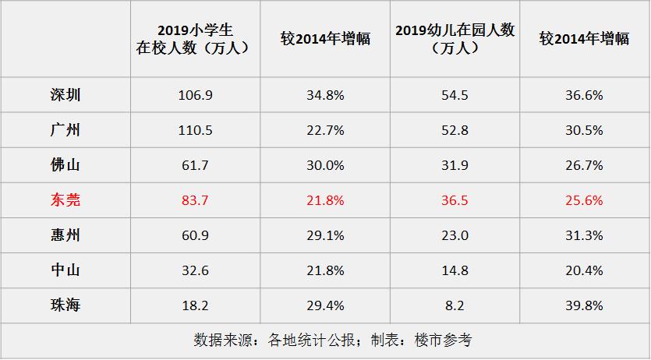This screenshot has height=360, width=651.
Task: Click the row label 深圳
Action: point(65,95)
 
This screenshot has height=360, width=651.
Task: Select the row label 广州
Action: point(65,130)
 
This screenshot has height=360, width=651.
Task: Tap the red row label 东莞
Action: point(65,200)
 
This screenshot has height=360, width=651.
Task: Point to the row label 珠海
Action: point(65,305)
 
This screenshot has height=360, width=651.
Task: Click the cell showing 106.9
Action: point(195,95)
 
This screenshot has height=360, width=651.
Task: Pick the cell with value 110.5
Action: point(195,130)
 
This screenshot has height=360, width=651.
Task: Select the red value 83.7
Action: point(195,200)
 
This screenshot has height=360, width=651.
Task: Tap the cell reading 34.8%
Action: point(325,95)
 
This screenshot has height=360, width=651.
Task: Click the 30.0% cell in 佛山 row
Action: point(325,165)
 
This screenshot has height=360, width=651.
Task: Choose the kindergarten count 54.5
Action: point(455,95)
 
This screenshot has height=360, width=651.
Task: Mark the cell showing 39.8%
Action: point(584,305)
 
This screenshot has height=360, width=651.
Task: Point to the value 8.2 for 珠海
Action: point(455,305)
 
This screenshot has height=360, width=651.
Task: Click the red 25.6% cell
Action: point(584,200)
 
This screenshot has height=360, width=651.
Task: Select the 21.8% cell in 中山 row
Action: point(325,270)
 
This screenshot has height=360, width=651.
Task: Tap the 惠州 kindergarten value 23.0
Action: point(455,235)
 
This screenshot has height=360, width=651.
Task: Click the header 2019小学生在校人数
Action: point(195,39)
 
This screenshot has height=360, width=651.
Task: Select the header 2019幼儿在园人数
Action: point(455,39)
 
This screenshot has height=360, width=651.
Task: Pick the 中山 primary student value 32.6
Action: point(195,270)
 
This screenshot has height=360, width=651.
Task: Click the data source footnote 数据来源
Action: point(332,341)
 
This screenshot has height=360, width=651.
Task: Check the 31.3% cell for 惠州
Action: point(584,235)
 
